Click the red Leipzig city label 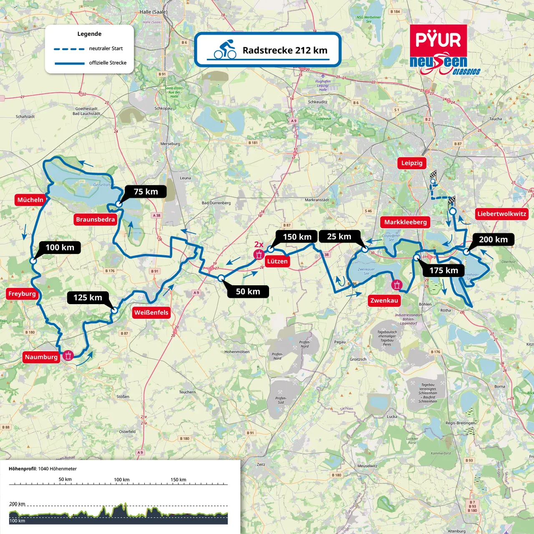(x=412, y=163)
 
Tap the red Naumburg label (x=41, y=357)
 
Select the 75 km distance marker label (x=146, y=192)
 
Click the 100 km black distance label (x=60, y=247)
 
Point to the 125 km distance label (x=88, y=297)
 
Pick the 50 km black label (x=248, y=292)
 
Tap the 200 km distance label (x=493, y=239)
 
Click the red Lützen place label (x=277, y=262)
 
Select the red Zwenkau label (x=384, y=300)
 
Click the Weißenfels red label (x=151, y=312)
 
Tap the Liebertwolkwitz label (x=501, y=214)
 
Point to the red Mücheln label (x=30, y=200)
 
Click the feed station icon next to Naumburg (x=68, y=355)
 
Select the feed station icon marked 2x (x=259, y=254)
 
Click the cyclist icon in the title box (x=225, y=50)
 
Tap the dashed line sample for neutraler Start (x=69, y=49)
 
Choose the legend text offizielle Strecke (x=108, y=63)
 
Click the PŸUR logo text (x=438, y=40)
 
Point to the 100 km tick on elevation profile (x=122, y=484)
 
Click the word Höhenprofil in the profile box (x=23, y=469)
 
